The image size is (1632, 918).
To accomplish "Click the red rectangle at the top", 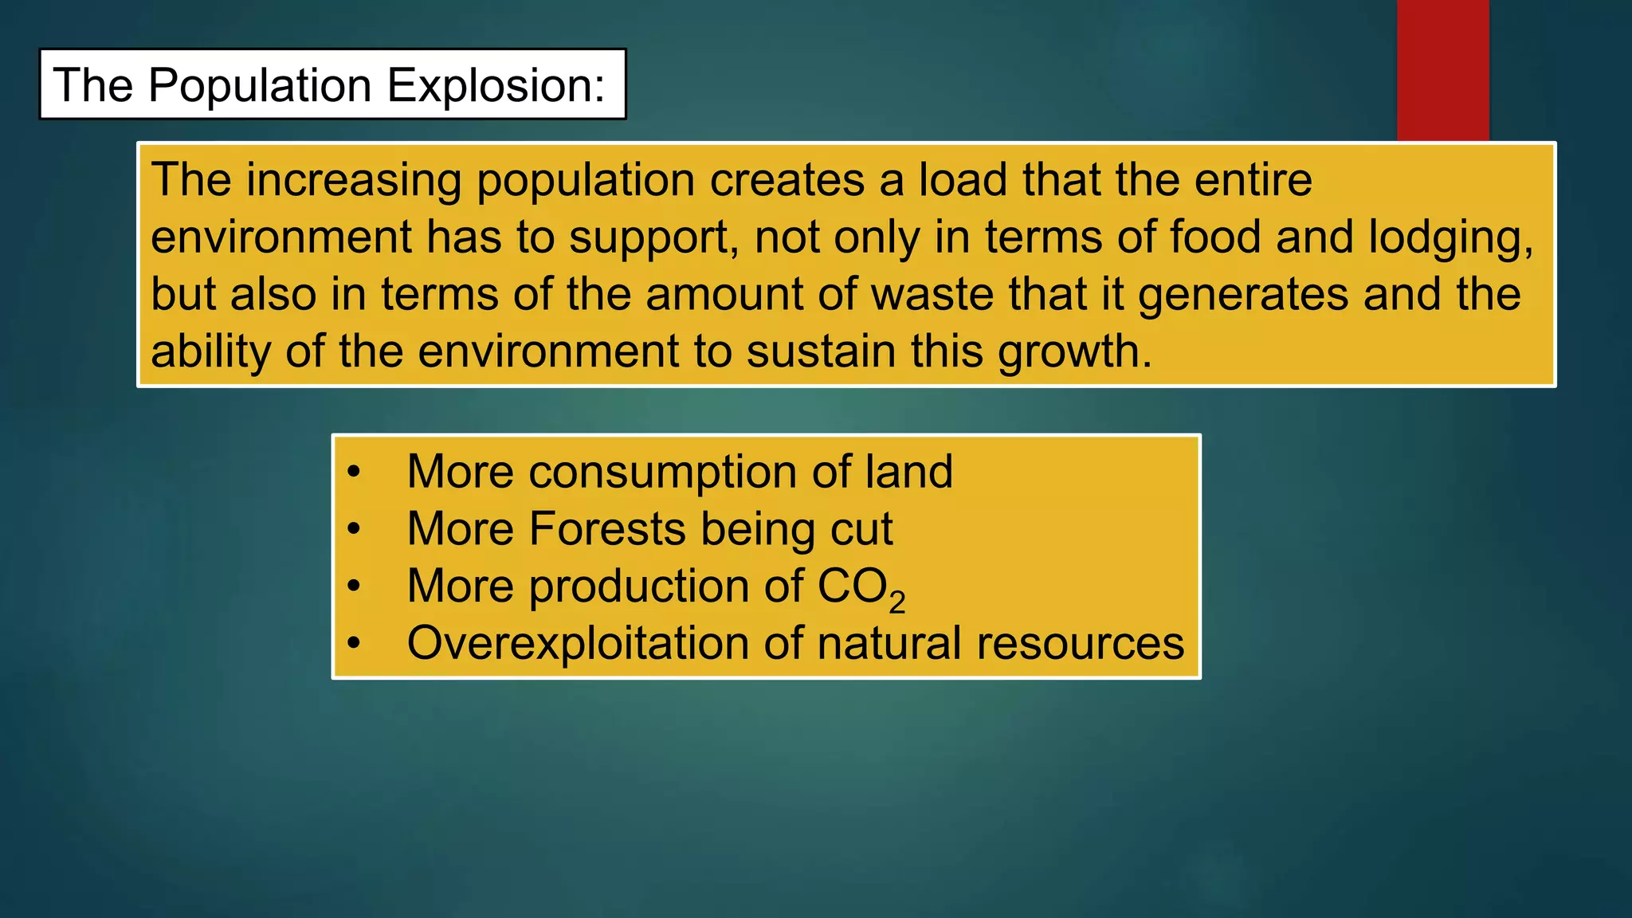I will pyautogui.click(x=1442, y=70).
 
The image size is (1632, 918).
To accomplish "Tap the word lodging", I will pyautogui.click(x=1450, y=238).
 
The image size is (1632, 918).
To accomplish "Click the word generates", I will pyautogui.click(x=1243, y=296).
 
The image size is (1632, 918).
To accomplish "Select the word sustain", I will pyautogui.click(x=821, y=351).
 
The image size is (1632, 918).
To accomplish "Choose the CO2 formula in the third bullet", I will pyautogui.click(x=861, y=588).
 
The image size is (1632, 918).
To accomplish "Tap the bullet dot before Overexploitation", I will pyautogui.click(x=355, y=642).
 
